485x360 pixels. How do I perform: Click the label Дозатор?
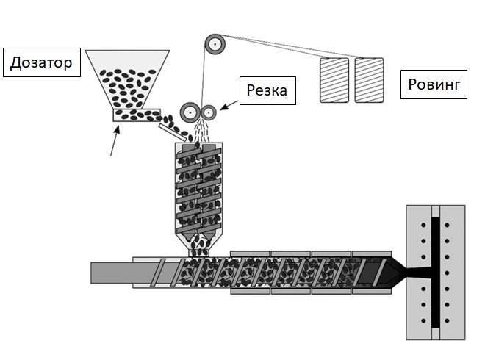point(42,62)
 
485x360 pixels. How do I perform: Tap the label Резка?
point(267,90)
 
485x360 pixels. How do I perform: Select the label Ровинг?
point(434,84)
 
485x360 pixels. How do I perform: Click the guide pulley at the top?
point(215,44)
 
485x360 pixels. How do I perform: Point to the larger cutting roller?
point(190,112)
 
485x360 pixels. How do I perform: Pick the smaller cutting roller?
point(209,112)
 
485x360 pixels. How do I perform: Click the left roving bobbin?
point(334,80)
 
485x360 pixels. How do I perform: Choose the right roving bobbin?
point(370,80)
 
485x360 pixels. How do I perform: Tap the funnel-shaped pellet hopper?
point(127,79)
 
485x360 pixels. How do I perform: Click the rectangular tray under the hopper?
point(137,115)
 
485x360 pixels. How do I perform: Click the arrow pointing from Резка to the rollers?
point(229,105)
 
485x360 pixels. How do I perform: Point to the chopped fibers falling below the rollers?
point(201,130)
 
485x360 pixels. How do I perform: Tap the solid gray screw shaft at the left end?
point(112,273)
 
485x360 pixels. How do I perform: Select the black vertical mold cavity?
point(435,273)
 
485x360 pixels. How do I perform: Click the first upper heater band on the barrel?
point(250,253)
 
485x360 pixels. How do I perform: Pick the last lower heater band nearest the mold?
point(372,292)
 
